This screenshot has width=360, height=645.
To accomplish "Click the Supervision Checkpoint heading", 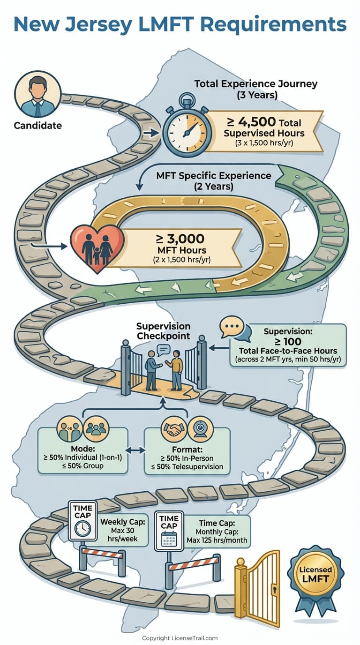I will [163, 330].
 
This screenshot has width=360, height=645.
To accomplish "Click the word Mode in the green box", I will [82, 447].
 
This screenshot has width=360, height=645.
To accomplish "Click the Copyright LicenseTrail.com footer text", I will [180, 638].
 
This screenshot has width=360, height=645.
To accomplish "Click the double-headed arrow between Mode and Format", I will [135, 450].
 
